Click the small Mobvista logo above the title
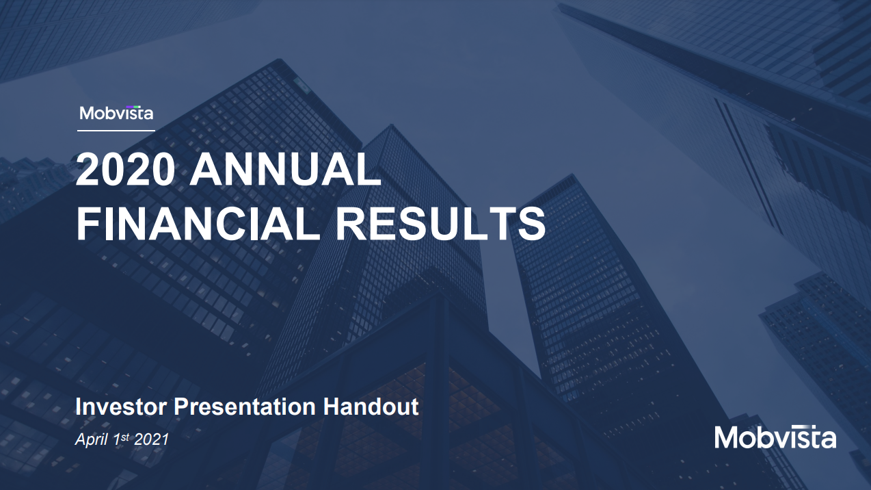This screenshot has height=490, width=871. click(116, 113)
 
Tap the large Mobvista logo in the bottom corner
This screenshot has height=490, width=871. click(775, 437)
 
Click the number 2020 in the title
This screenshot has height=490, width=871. click(125, 170)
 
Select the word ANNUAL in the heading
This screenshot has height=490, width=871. click(285, 170)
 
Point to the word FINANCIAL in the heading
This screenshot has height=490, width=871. click(198, 224)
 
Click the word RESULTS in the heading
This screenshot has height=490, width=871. click(441, 224)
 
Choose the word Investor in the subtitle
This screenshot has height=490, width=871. click(121, 407)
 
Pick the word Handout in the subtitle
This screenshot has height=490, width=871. click(371, 407)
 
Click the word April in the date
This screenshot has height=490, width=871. click(91, 440)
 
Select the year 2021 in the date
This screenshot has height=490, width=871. click(151, 439)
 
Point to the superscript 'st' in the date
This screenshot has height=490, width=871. click(125, 437)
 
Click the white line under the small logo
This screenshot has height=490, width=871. click(116, 131)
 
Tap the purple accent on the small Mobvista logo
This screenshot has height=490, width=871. click(133, 106)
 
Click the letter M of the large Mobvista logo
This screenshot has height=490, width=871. click(729, 438)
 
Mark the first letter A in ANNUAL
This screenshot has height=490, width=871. click(206, 170)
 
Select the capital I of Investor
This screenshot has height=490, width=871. click(78, 407)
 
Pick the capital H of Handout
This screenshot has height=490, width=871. click(331, 407)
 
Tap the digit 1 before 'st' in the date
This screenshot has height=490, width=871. click(116, 439)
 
